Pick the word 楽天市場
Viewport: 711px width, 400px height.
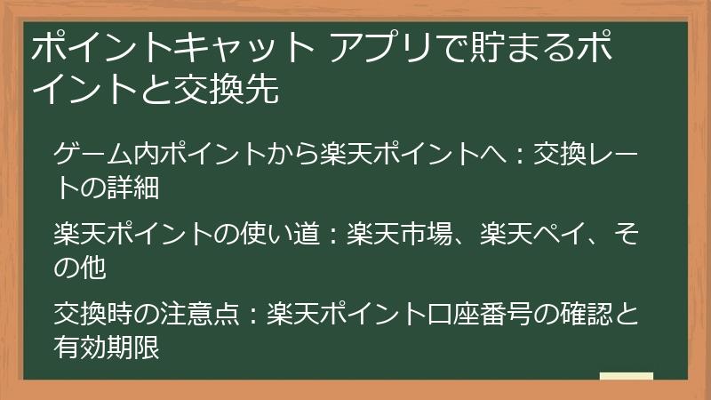pos(409,235)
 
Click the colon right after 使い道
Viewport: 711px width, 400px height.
pos(329,236)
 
